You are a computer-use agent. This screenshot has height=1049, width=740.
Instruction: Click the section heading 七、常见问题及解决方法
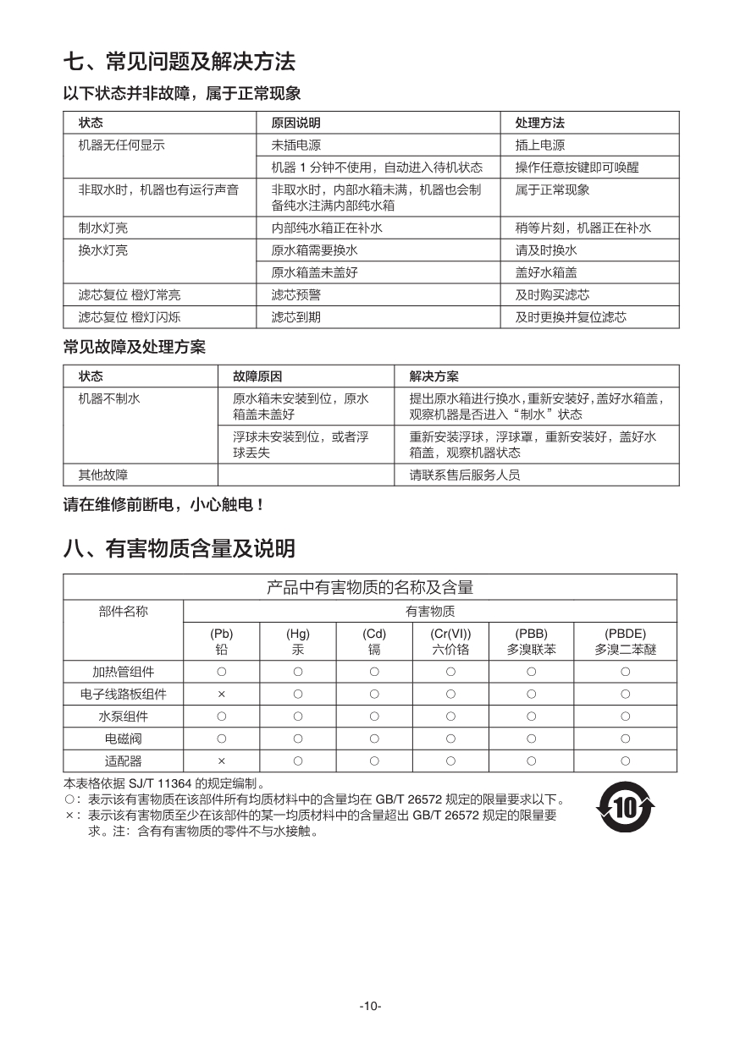click(x=179, y=62)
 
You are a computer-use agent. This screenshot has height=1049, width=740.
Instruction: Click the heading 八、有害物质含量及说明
click(x=179, y=549)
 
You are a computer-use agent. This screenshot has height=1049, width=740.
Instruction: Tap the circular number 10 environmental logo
click(x=625, y=807)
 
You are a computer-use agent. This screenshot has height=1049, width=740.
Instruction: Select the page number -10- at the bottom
click(x=370, y=1006)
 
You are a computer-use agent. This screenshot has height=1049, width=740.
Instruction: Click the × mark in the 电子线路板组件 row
click(x=221, y=695)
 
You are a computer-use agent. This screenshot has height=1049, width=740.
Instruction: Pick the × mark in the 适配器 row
click(x=221, y=761)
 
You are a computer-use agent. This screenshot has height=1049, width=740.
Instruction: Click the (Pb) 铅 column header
click(x=221, y=641)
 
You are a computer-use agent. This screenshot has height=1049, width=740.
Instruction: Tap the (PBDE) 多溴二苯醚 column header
click(x=625, y=641)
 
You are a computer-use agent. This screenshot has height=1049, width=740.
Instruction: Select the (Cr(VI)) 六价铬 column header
click(x=450, y=641)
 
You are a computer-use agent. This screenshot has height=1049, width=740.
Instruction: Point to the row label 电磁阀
click(x=123, y=739)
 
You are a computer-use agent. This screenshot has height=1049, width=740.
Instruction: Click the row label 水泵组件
click(x=123, y=717)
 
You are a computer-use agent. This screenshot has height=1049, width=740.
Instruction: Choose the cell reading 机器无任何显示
click(x=121, y=146)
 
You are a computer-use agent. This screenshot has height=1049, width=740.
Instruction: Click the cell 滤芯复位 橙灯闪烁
click(x=129, y=317)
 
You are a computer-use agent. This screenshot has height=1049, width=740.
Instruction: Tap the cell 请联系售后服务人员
click(x=465, y=475)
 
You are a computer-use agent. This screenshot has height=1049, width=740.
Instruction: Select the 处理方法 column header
click(x=539, y=123)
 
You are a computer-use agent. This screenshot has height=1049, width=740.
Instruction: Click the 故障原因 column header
click(x=257, y=376)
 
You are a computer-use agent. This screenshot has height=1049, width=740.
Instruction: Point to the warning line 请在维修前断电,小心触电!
click(x=164, y=505)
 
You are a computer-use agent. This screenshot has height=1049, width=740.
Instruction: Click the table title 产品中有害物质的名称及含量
click(x=370, y=587)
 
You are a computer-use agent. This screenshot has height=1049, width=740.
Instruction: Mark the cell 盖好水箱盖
click(x=546, y=272)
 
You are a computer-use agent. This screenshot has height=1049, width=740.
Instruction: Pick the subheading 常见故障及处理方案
click(x=134, y=347)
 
